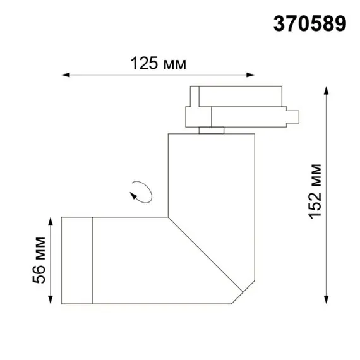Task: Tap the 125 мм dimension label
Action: pyautogui.click(x=158, y=63)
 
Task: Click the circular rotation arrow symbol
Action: pyautogui.click(x=140, y=191)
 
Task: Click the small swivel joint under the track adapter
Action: pyautogui.click(x=211, y=131)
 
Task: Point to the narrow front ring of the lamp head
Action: pyautogui.click(x=77, y=260)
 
